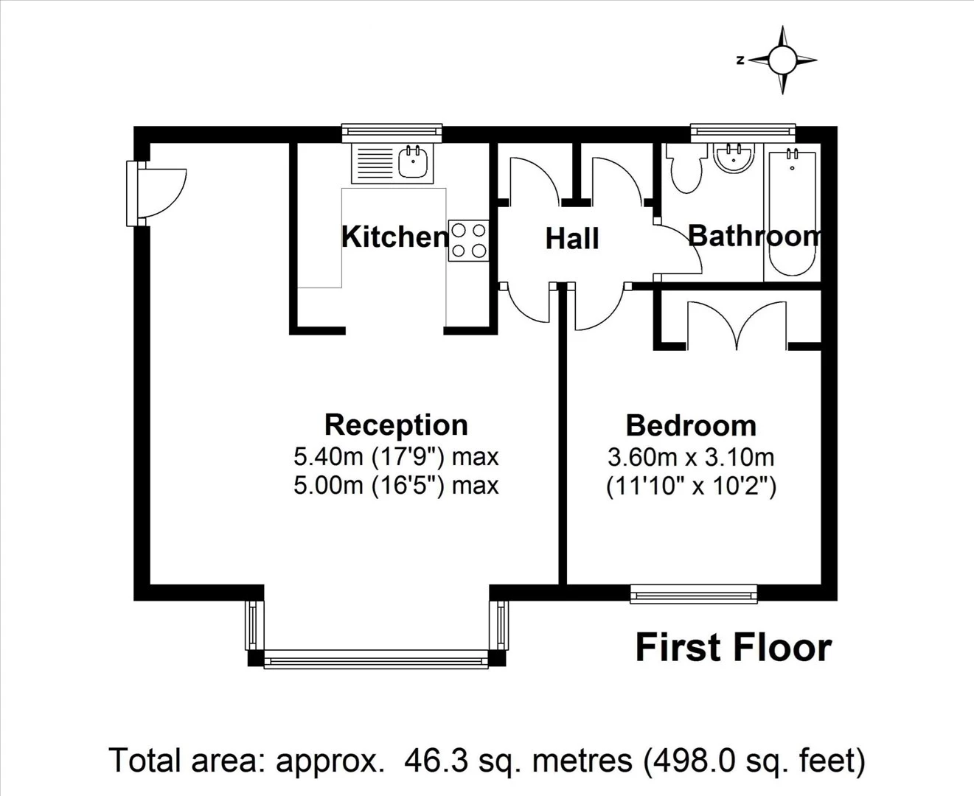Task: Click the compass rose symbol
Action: tap(782, 60)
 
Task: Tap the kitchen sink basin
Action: tap(414, 161)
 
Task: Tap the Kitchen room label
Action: tap(395, 237)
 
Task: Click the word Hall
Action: tap(572, 239)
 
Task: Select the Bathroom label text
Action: tap(754, 236)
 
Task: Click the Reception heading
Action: tap(396, 425)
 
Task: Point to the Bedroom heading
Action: tap(691, 426)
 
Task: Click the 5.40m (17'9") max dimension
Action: tap(396, 457)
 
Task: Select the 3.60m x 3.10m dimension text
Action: tap(691, 458)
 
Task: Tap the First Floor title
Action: tap(734, 648)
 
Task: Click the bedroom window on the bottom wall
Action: tap(694, 593)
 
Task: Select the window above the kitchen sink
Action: tap(392, 133)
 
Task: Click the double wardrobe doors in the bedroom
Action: tap(737, 324)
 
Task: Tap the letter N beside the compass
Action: tap(740, 60)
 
